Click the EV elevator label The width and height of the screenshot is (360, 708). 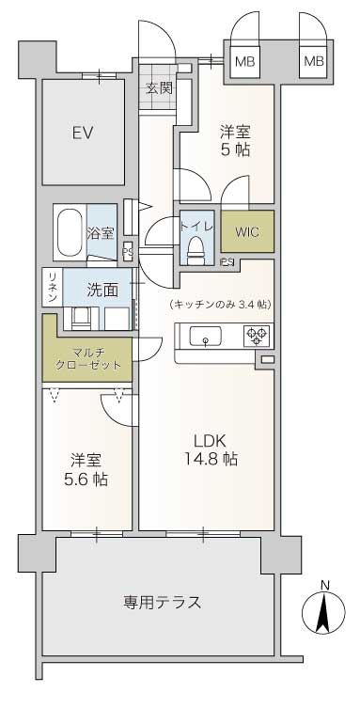(x=83, y=133)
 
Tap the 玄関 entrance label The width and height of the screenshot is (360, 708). (x=159, y=87)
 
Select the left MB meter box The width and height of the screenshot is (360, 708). (x=244, y=61)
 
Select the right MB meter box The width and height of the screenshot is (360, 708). (x=314, y=61)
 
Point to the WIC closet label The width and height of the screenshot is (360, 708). (x=247, y=232)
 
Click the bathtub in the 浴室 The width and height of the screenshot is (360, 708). (x=70, y=232)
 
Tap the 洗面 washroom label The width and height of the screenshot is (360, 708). (x=102, y=290)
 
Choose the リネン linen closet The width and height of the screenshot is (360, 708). (x=53, y=287)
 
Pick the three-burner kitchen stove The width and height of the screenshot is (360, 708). (x=257, y=336)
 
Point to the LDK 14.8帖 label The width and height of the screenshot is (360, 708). (x=211, y=449)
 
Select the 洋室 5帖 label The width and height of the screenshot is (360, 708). (x=235, y=140)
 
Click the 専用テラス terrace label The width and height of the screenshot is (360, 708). (x=162, y=602)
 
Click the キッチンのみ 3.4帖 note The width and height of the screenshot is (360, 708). (x=221, y=305)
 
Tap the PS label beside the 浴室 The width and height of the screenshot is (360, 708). (x=128, y=252)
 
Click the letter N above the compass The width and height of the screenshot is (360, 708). (x=324, y=585)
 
